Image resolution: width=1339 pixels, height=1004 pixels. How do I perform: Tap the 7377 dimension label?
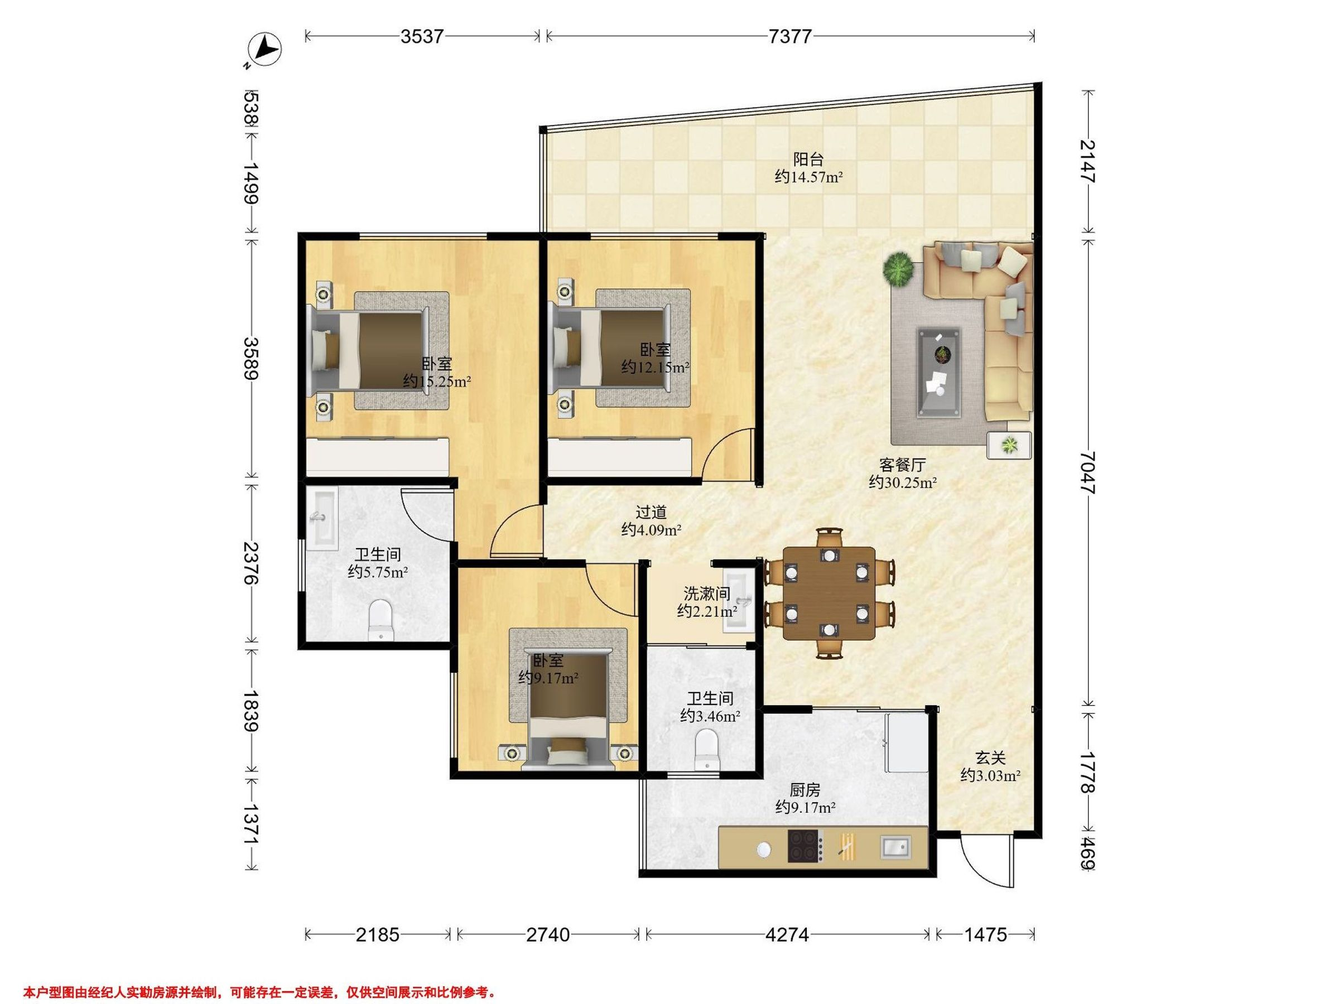pyautogui.click(x=790, y=36)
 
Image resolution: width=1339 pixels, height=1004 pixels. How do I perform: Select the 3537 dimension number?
pyautogui.click(x=422, y=36)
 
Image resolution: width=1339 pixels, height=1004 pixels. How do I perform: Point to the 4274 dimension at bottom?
pyautogui.click(x=787, y=934)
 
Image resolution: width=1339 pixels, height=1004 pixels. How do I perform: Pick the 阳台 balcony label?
pyautogui.click(x=809, y=159)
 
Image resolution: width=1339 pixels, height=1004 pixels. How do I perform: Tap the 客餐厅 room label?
pyautogui.click(x=903, y=465)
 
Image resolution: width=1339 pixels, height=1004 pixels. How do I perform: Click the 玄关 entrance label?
pyautogui.click(x=990, y=757)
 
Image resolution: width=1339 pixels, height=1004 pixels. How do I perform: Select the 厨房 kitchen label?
pyautogui.click(x=805, y=790)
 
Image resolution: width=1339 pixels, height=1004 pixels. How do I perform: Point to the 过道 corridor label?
pyautogui.click(x=651, y=512)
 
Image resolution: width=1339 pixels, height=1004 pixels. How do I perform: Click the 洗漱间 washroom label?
pyautogui.click(x=706, y=593)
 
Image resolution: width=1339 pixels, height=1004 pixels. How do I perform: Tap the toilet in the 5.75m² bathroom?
pyautogui.click(x=380, y=619)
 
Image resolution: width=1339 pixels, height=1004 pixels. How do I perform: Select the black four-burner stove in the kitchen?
pyautogui.click(x=805, y=846)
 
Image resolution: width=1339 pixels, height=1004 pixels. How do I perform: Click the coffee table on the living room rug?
pyautogui.click(x=939, y=373)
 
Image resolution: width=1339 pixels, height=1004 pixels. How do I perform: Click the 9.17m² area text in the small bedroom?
pyautogui.click(x=548, y=678)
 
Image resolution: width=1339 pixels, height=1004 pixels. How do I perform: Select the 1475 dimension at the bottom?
pyautogui.click(x=985, y=934)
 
